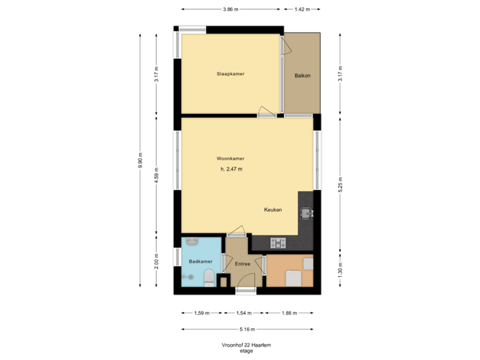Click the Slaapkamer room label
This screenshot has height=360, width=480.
(x=230, y=73)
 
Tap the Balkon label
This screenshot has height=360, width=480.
(x=303, y=75)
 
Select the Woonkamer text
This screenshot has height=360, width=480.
(x=230, y=159)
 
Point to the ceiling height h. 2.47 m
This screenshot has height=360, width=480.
(x=231, y=169)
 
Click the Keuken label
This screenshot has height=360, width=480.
(x=273, y=209)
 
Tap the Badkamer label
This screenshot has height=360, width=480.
(x=200, y=261)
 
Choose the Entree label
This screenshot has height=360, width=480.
(x=242, y=264)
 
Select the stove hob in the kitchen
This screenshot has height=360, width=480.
(x=278, y=243)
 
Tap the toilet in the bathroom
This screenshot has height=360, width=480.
(x=208, y=277)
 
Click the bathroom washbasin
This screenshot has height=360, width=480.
(x=193, y=241)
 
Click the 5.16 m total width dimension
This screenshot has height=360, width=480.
(x=247, y=329)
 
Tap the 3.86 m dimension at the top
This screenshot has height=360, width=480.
(x=231, y=9)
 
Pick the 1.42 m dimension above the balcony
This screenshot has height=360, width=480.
(x=303, y=9)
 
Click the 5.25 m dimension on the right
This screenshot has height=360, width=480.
(x=340, y=183)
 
